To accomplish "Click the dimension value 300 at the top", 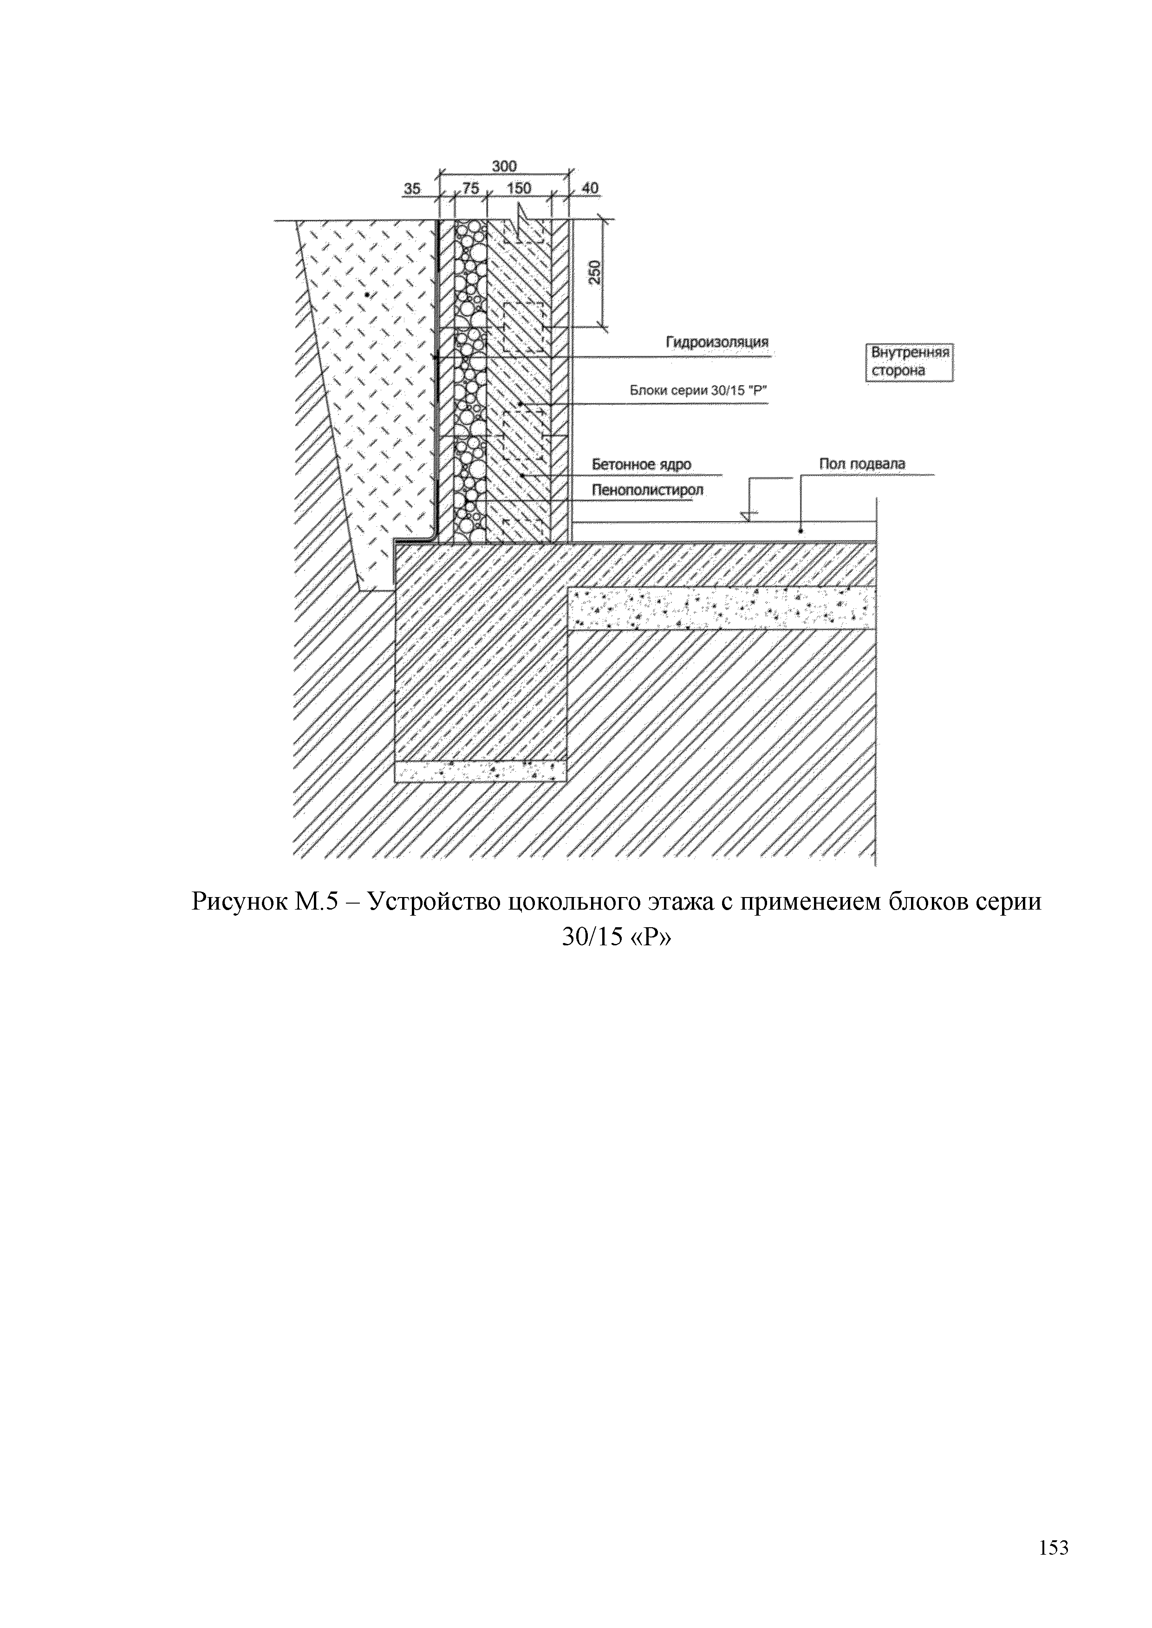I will (x=504, y=166).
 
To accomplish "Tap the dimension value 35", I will (x=412, y=188).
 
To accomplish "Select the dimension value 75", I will (x=470, y=188).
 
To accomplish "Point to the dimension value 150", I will (x=519, y=188).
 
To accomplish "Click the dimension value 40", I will (x=590, y=188).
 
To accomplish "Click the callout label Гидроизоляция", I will (x=716, y=342).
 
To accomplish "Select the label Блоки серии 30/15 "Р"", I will (x=699, y=390).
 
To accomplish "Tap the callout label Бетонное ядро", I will (x=641, y=465).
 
